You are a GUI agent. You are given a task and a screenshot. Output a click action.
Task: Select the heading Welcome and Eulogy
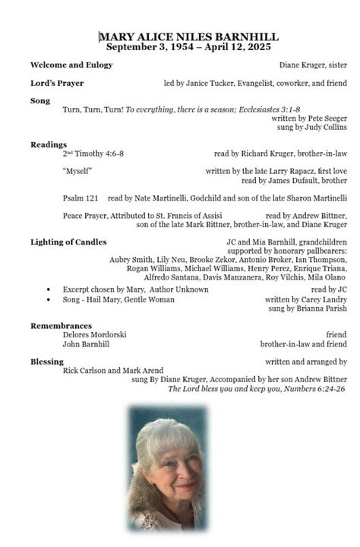tap(71, 65)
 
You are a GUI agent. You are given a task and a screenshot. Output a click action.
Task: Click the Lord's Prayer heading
tap(57, 83)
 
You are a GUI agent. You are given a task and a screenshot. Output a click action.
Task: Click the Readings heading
tap(49, 144)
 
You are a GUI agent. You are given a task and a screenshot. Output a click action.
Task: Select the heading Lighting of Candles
tap(68, 242)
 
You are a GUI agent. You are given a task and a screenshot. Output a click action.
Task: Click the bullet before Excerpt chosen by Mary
tap(49, 290)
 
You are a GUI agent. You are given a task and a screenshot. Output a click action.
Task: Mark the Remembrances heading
tap(62, 325)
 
